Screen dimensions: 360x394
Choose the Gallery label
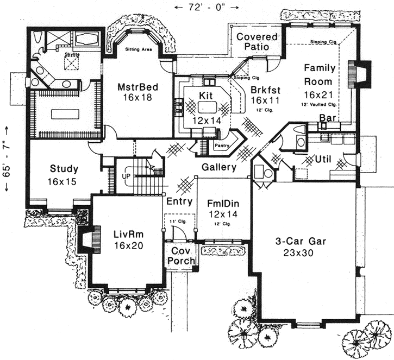[219, 167]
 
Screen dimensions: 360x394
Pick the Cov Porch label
[180, 256]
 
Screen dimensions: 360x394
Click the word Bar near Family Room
[327, 117]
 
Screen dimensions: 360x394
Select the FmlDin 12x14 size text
[223, 214]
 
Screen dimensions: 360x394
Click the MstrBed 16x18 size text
[136, 98]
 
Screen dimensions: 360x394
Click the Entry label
[179, 201]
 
